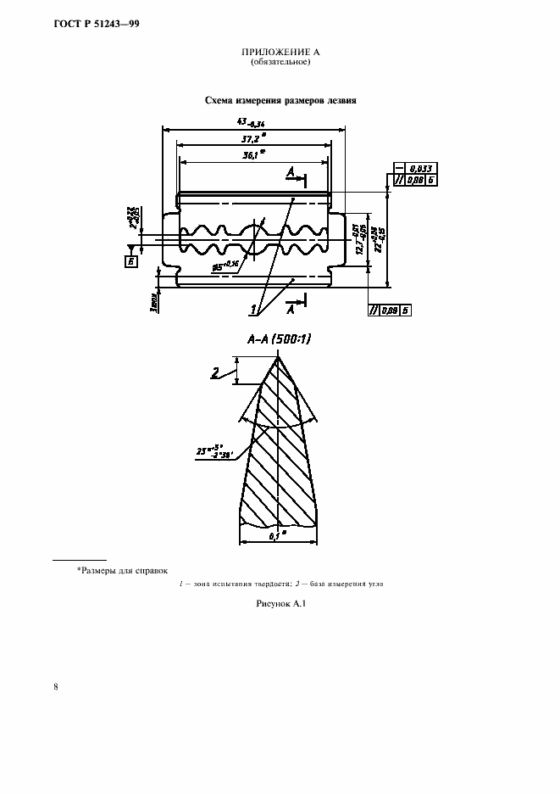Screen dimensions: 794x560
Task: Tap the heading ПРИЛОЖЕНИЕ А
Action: tap(280, 53)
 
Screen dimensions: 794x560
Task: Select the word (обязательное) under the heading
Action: tap(280, 63)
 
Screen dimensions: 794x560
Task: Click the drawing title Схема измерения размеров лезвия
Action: tap(280, 100)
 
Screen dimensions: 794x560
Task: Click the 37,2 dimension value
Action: tap(251, 137)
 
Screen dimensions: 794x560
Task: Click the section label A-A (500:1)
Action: tap(279, 339)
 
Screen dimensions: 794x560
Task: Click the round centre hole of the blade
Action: tap(254, 240)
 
